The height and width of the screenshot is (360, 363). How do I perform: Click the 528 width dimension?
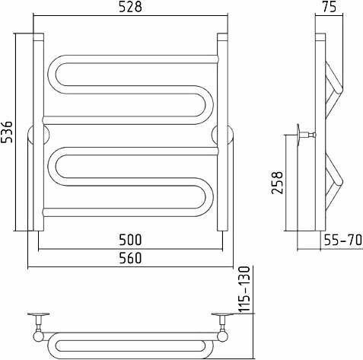pos(130,7)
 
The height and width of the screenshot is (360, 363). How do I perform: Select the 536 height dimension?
pos(7,132)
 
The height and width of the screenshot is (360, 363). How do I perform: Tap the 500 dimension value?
pos(130,240)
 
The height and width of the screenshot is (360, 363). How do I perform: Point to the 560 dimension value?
pos(130,258)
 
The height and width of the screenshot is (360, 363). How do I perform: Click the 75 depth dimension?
pos(330,7)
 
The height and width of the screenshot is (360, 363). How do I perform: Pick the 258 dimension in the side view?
pos(277,183)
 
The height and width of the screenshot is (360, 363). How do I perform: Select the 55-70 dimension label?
pos(342,240)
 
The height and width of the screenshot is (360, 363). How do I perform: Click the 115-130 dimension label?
pos(245,289)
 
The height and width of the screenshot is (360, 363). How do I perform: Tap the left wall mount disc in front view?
pos(39,135)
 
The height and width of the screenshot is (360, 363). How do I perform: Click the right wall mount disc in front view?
pos(222,135)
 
